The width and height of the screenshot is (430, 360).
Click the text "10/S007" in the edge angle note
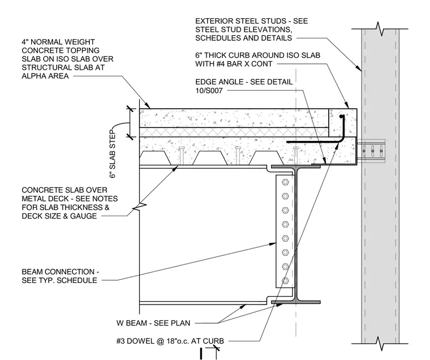(209, 91)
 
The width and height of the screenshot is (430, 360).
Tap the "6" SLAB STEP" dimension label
(113, 153)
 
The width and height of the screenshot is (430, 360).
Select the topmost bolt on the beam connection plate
(285, 182)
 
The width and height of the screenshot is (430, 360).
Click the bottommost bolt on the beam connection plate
(285, 281)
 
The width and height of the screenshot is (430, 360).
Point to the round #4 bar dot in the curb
(341, 117)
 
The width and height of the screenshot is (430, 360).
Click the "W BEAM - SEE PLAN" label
(153, 323)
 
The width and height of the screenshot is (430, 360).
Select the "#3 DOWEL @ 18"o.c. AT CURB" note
(170, 341)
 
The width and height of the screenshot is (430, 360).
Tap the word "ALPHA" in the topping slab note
(35, 76)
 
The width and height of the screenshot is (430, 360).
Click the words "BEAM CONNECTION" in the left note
(58, 272)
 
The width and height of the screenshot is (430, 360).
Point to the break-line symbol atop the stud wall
(380, 28)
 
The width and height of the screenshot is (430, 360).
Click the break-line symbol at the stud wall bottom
(380, 343)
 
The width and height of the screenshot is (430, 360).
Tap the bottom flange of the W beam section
(295, 302)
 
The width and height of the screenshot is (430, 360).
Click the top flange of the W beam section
(295, 166)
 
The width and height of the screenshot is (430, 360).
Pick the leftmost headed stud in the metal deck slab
(181, 156)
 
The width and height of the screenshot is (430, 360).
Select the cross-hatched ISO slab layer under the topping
(234, 132)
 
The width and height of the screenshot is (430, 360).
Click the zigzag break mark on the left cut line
(139, 207)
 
